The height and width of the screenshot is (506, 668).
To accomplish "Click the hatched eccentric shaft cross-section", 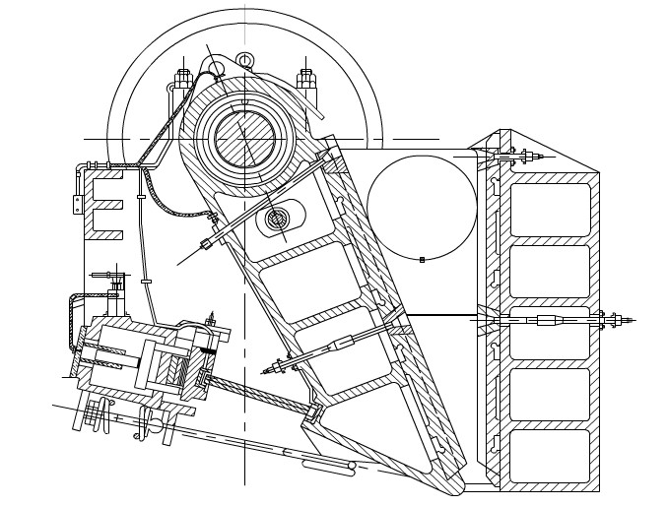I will pos(245,139).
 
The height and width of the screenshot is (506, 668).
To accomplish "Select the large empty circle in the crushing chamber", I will pos(422,207).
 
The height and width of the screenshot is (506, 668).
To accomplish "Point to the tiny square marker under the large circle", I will pos(422,260).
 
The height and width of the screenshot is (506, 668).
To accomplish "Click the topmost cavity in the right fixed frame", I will pos(550,209).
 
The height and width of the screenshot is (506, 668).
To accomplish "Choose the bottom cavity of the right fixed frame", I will pos(550,455).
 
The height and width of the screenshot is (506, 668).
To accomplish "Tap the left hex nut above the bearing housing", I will pos(183,78).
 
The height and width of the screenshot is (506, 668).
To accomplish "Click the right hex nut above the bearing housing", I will pos(306,78).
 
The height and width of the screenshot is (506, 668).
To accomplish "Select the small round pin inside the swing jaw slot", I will pos(277,219).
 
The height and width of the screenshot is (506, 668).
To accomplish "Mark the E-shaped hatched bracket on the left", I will pos(104,205).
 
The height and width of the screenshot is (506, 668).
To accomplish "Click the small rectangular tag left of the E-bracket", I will pos(77,204).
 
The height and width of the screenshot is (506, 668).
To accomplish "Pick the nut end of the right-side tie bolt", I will pos(616,320).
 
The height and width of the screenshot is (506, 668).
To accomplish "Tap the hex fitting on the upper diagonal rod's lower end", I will pos(206,243).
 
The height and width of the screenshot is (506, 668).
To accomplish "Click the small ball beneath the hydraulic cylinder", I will pos(155,426).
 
